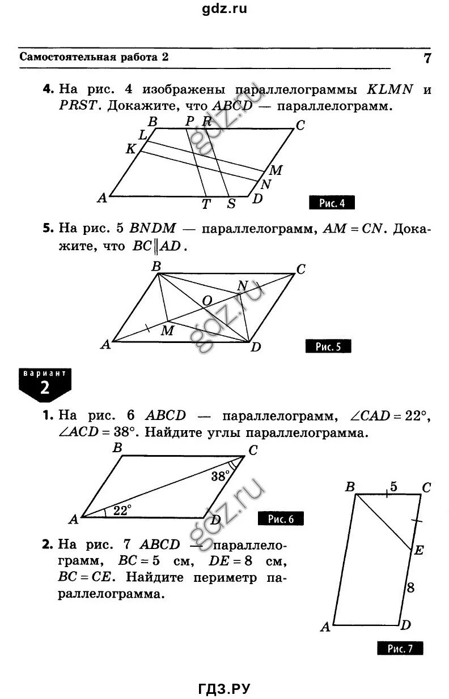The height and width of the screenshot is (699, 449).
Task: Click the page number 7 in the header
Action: point(426,59)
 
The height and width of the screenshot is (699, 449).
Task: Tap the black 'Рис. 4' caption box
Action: point(331,203)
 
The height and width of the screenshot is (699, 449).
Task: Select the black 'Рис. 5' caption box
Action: point(328,346)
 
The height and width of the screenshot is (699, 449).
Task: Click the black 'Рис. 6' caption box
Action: point(281,518)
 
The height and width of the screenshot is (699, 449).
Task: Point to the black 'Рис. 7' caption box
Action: point(400,649)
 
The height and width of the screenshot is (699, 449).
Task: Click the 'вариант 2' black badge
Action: point(45,384)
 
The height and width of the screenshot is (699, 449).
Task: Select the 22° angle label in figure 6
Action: point(121,510)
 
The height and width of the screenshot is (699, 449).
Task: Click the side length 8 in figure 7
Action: point(410,587)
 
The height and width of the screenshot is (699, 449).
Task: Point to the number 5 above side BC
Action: point(392,485)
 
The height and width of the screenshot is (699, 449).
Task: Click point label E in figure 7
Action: point(419,550)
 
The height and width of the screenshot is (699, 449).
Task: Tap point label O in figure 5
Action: point(207,302)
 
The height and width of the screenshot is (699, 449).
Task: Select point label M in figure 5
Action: point(167,331)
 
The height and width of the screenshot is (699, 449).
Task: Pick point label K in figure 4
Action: point(131,149)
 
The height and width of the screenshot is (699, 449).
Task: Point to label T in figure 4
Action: point(206,204)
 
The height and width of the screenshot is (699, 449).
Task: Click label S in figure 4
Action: point(231,204)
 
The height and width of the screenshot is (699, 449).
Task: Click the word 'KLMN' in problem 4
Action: point(390,89)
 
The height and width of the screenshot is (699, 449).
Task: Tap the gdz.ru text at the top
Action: point(224,8)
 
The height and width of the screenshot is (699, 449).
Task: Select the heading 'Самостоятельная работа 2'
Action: point(95,57)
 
